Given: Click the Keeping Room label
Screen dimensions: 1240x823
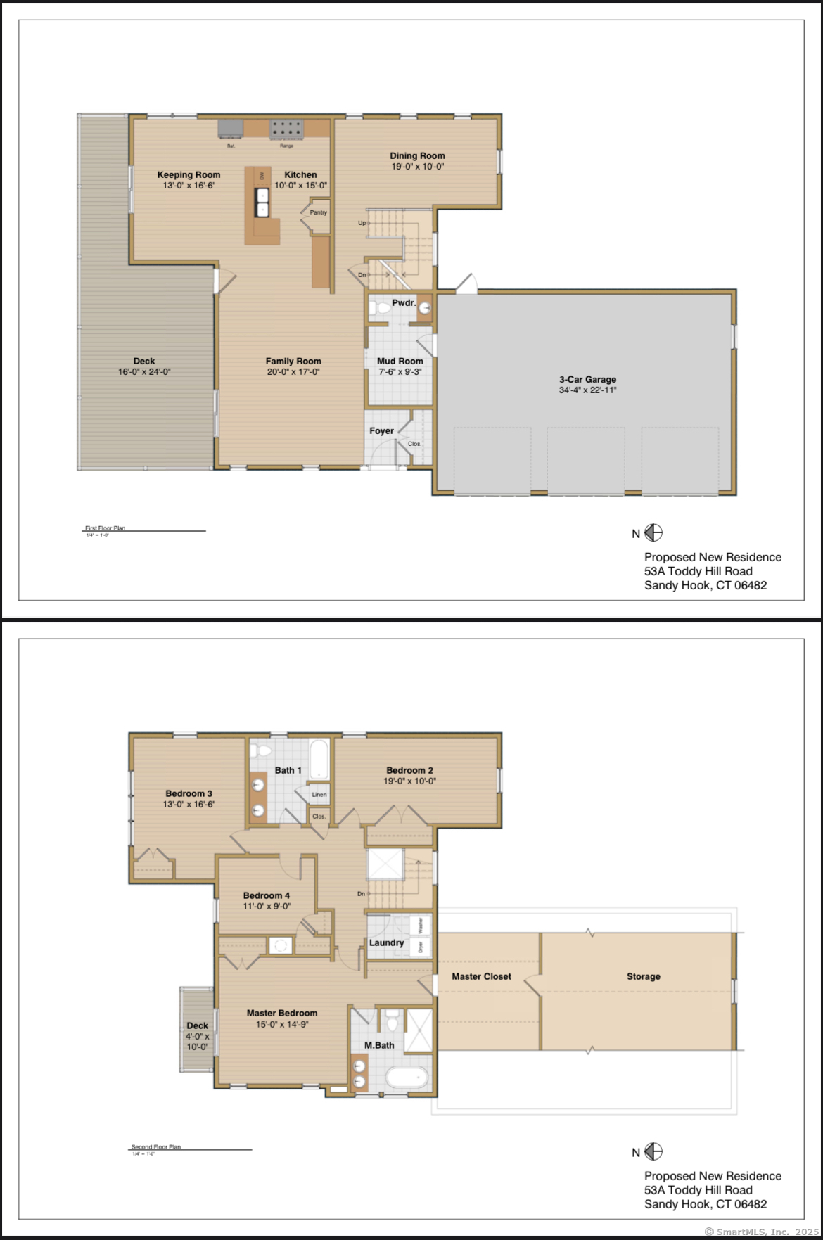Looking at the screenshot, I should [189, 174].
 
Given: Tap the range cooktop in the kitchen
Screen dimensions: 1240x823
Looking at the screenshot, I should [286, 129].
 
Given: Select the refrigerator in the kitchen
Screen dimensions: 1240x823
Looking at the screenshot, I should [230, 129].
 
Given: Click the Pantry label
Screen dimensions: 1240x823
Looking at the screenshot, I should [318, 212].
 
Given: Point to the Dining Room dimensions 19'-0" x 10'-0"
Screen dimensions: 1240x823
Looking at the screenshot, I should [417, 167].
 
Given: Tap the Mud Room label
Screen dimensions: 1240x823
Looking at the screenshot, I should [400, 361].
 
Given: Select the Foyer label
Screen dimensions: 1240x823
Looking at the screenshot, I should [381, 430].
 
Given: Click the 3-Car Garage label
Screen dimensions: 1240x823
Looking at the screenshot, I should [587, 379].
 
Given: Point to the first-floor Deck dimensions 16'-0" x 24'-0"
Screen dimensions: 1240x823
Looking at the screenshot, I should [144, 372].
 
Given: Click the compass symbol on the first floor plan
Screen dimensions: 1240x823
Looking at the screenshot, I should [653, 533].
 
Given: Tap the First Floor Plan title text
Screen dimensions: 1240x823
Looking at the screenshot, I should [105, 528].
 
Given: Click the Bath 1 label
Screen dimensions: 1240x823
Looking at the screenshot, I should [288, 770].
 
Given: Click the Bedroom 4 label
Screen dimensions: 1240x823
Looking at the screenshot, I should [266, 895].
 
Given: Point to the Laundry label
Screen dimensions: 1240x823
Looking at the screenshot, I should [386, 942].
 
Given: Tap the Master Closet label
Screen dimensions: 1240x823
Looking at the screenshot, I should [481, 976].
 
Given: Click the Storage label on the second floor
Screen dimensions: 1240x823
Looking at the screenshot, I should [643, 976].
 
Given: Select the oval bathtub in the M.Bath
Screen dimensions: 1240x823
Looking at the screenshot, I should [407, 1078].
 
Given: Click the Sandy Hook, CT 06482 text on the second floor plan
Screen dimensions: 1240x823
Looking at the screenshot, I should [705, 1204].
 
